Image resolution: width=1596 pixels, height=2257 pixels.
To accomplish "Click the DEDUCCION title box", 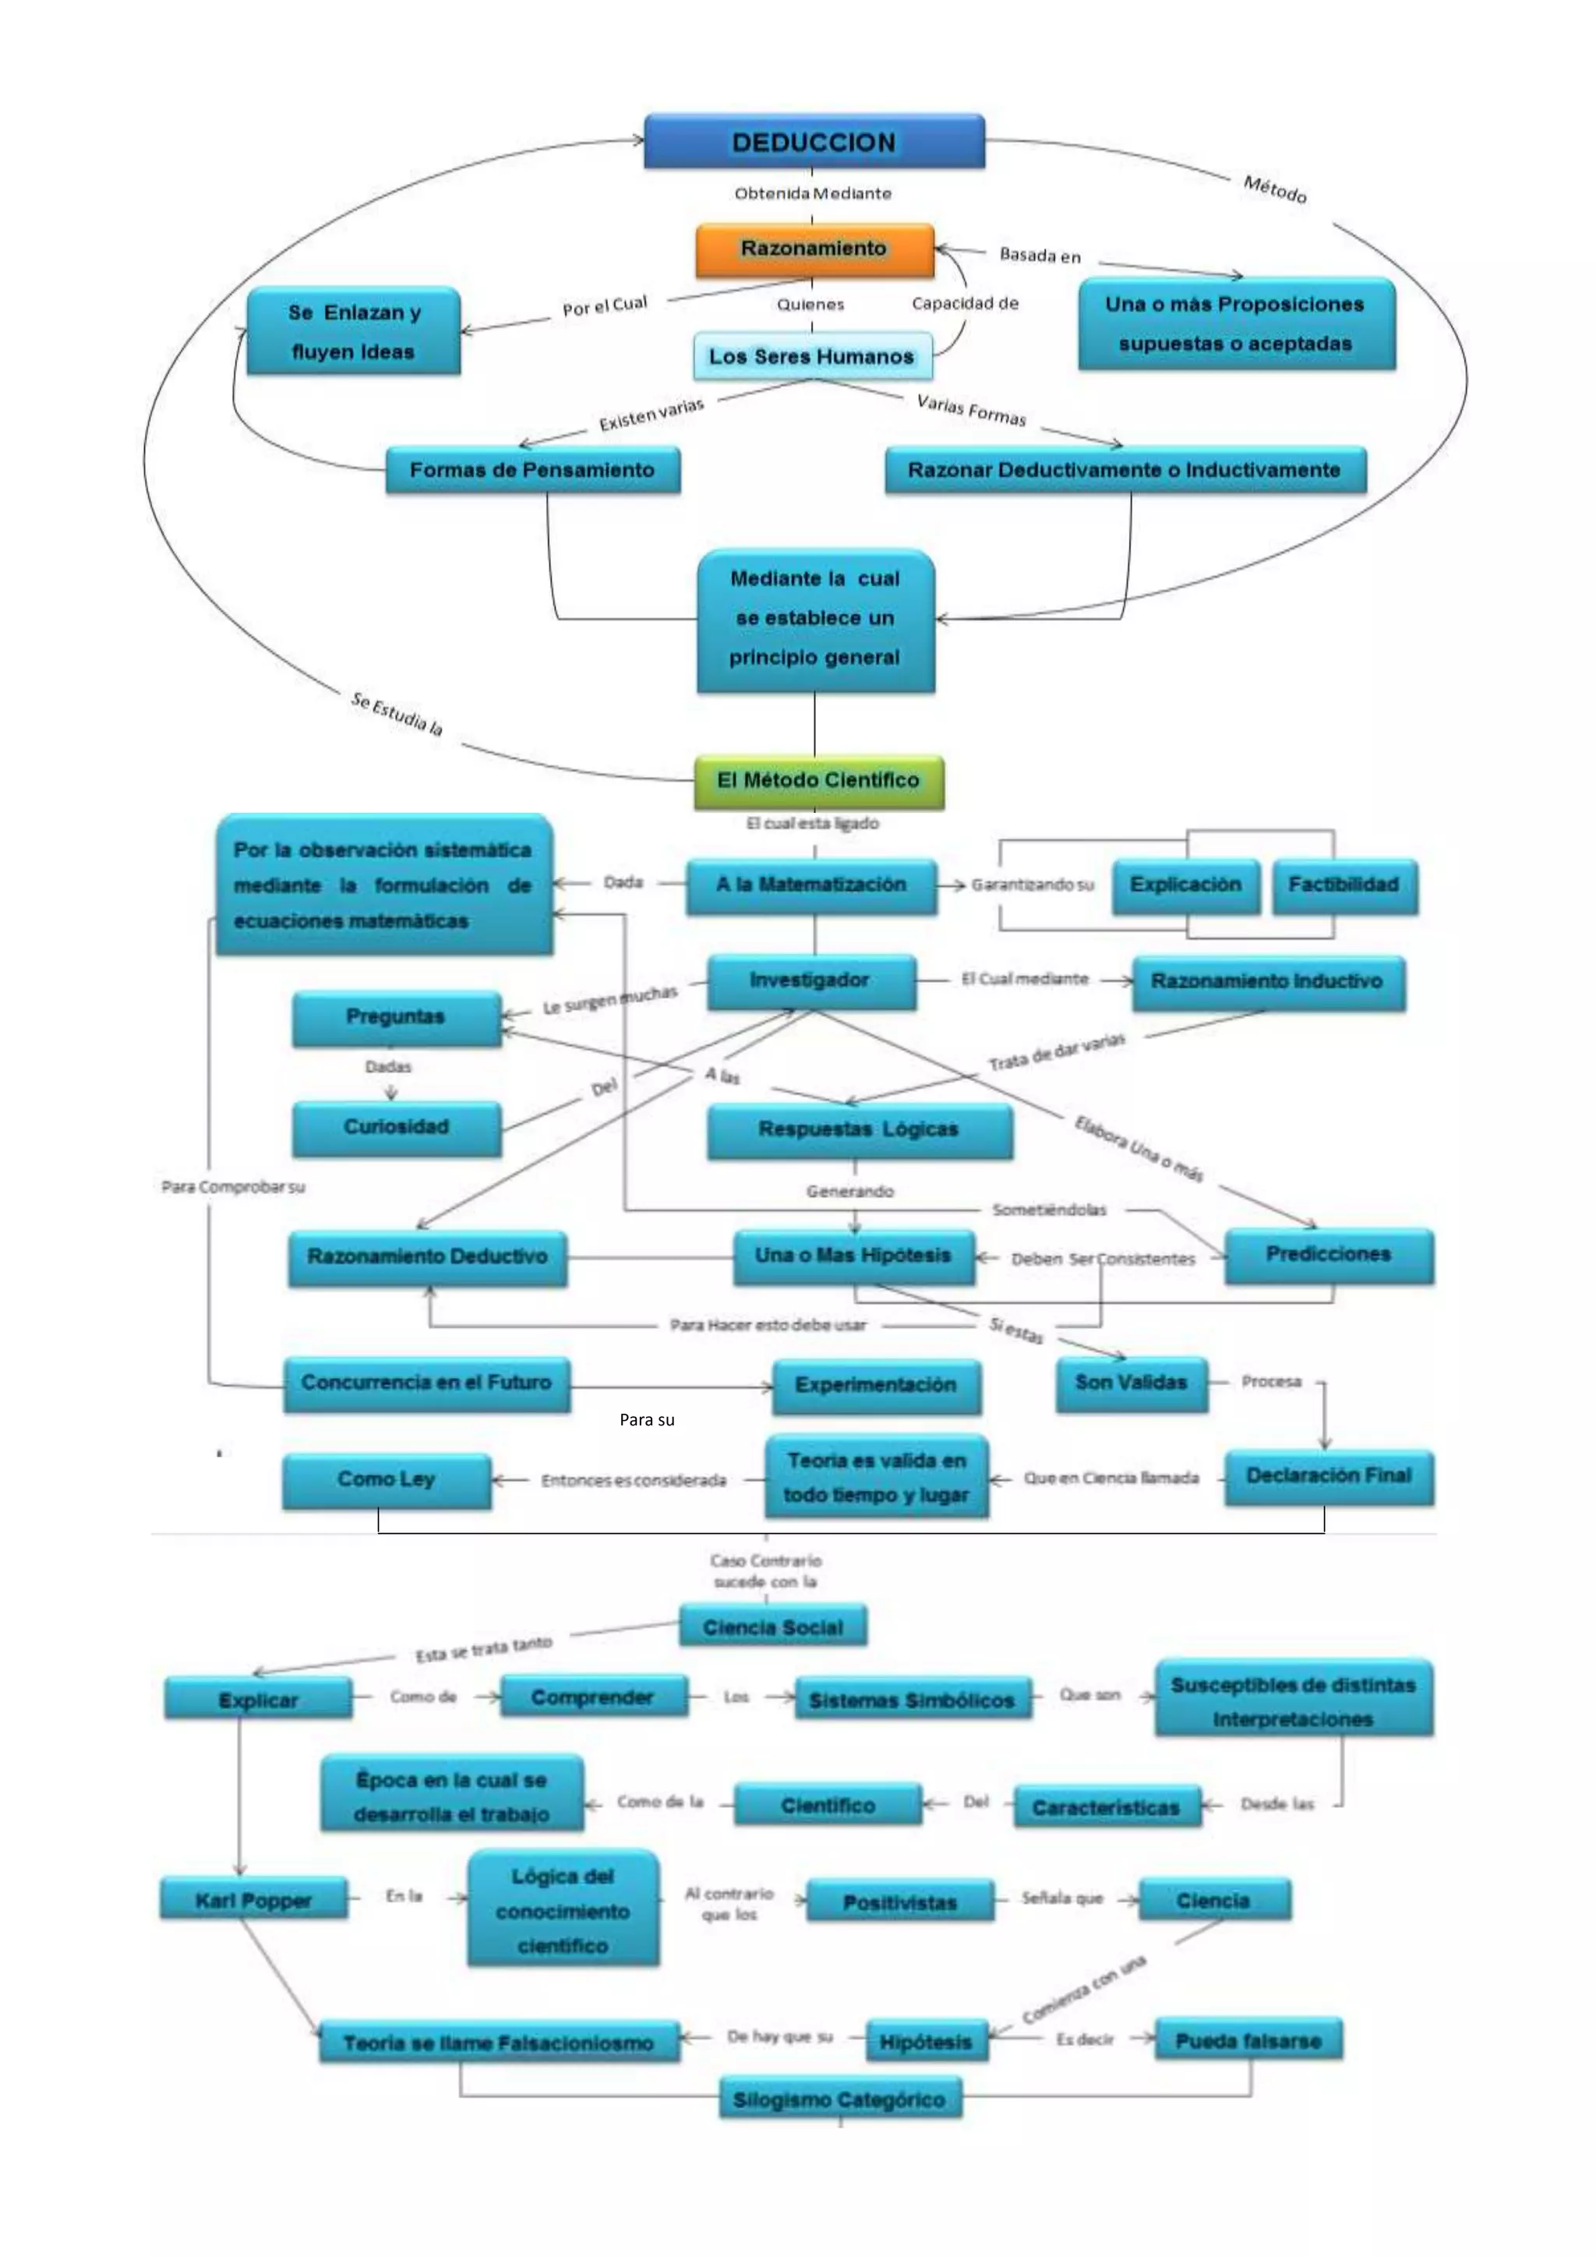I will pyautogui.click(x=814, y=142).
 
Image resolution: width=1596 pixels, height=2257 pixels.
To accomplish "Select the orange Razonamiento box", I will pyautogui.click(x=814, y=249).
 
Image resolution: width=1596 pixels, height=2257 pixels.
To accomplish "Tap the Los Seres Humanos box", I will pyautogui.click(x=812, y=356).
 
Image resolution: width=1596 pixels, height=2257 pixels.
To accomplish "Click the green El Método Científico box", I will pyautogui.click(x=818, y=780).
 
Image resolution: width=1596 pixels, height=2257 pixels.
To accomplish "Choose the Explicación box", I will pyautogui.click(x=1185, y=885).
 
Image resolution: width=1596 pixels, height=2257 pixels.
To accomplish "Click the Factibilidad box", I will pyautogui.click(x=1344, y=885).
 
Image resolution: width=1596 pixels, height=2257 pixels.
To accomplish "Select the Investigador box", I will pyautogui.click(x=810, y=980).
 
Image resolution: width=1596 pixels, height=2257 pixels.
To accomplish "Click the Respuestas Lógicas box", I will pyautogui.click(x=858, y=1129).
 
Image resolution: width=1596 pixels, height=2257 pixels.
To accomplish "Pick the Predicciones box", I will pyautogui.click(x=1328, y=1254).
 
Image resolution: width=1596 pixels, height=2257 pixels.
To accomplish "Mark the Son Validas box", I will pyautogui.click(x=1132, y=1383).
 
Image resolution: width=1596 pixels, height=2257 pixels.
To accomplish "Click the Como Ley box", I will pyautogui.click(x=387, y=1479).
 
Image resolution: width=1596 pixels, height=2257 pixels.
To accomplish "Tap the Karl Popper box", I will pyautogui.click(x=253, y=1900).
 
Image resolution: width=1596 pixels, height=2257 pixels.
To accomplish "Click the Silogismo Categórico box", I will pyautogui.click(x=839, y=2100).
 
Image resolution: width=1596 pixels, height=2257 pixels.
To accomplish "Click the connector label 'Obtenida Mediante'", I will pyautogui.click(x=813, y=193).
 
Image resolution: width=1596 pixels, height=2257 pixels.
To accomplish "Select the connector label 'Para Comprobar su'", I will pyautogui.click(x=234, y=1188).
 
